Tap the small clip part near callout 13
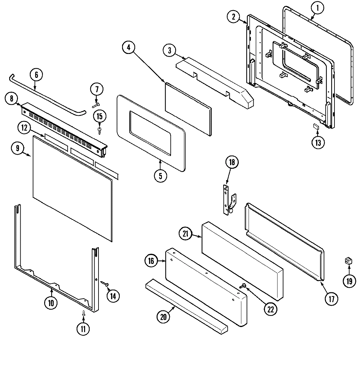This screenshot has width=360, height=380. (x=316, y=126)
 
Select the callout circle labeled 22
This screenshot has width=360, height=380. (x=270, y=309)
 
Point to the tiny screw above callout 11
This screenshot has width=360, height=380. (x=83, y=313)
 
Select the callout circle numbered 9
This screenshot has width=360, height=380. (x=17, y=148)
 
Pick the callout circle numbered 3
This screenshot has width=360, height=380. (x=169, y=50)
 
